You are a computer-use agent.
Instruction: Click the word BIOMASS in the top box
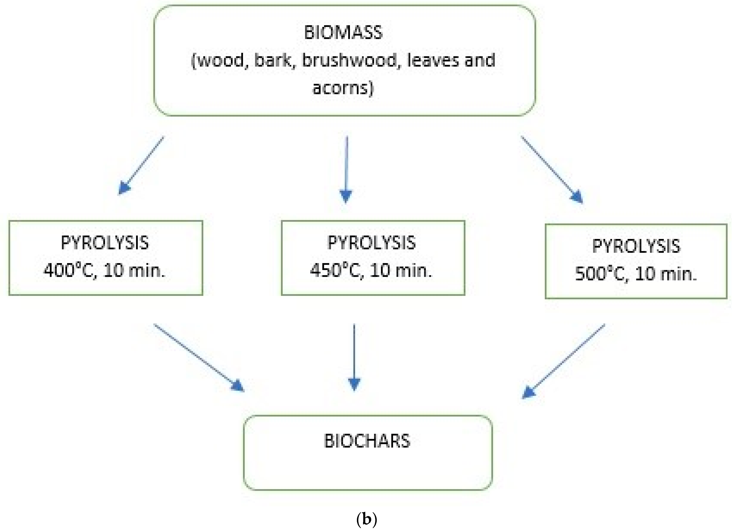tap(343, 33)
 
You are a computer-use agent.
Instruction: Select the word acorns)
tap(343, 88)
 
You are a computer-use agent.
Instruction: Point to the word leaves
tap(433, 60)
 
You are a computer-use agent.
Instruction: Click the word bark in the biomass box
tap(272, 60)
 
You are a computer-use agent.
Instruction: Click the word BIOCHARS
tap(367, 441)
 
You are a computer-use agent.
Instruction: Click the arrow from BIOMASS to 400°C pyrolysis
tap(141, 165)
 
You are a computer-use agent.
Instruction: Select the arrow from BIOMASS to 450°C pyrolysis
tap(346, 169)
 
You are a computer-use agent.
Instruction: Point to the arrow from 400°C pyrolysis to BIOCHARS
tap(198, 357)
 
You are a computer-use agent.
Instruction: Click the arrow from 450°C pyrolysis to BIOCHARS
tap(354, 357)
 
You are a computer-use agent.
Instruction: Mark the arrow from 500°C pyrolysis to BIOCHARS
tap(563, 361)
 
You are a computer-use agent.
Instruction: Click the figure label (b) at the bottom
tap(367, 519)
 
